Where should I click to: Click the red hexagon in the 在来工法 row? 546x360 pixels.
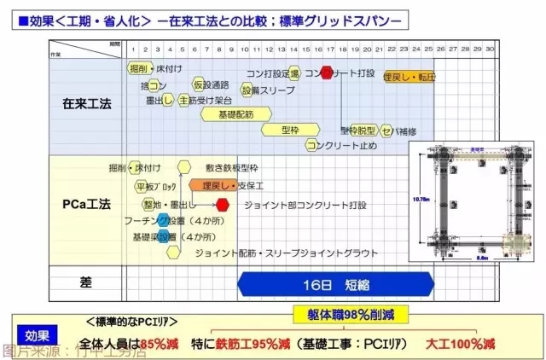(x=326, y=73)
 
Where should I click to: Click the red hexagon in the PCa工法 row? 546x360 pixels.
(x=223, y=205)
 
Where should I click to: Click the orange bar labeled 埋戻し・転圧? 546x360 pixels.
(x=410, y=78)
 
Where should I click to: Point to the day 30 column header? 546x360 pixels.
(x=490, y=49)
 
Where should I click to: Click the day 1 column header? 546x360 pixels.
(x=133, y=49)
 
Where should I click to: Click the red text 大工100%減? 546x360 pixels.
(x=462, y=344)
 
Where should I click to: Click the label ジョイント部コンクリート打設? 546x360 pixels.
(x=305, y=206)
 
